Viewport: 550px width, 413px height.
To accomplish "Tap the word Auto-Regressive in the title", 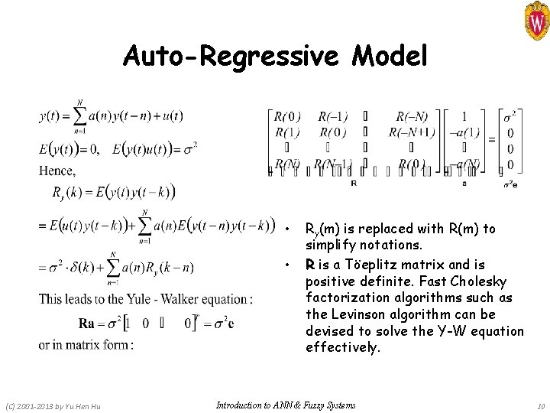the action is tap(223, 56).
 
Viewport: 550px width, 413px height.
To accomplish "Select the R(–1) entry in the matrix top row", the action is tap(333, 117).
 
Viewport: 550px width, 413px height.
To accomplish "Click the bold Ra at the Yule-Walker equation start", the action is tap(87, 322).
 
